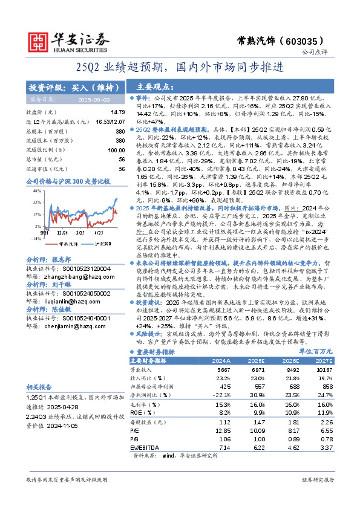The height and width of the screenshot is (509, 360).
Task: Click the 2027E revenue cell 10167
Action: click(324, 369)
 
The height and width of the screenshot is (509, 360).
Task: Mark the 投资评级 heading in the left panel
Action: click(50, 86)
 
